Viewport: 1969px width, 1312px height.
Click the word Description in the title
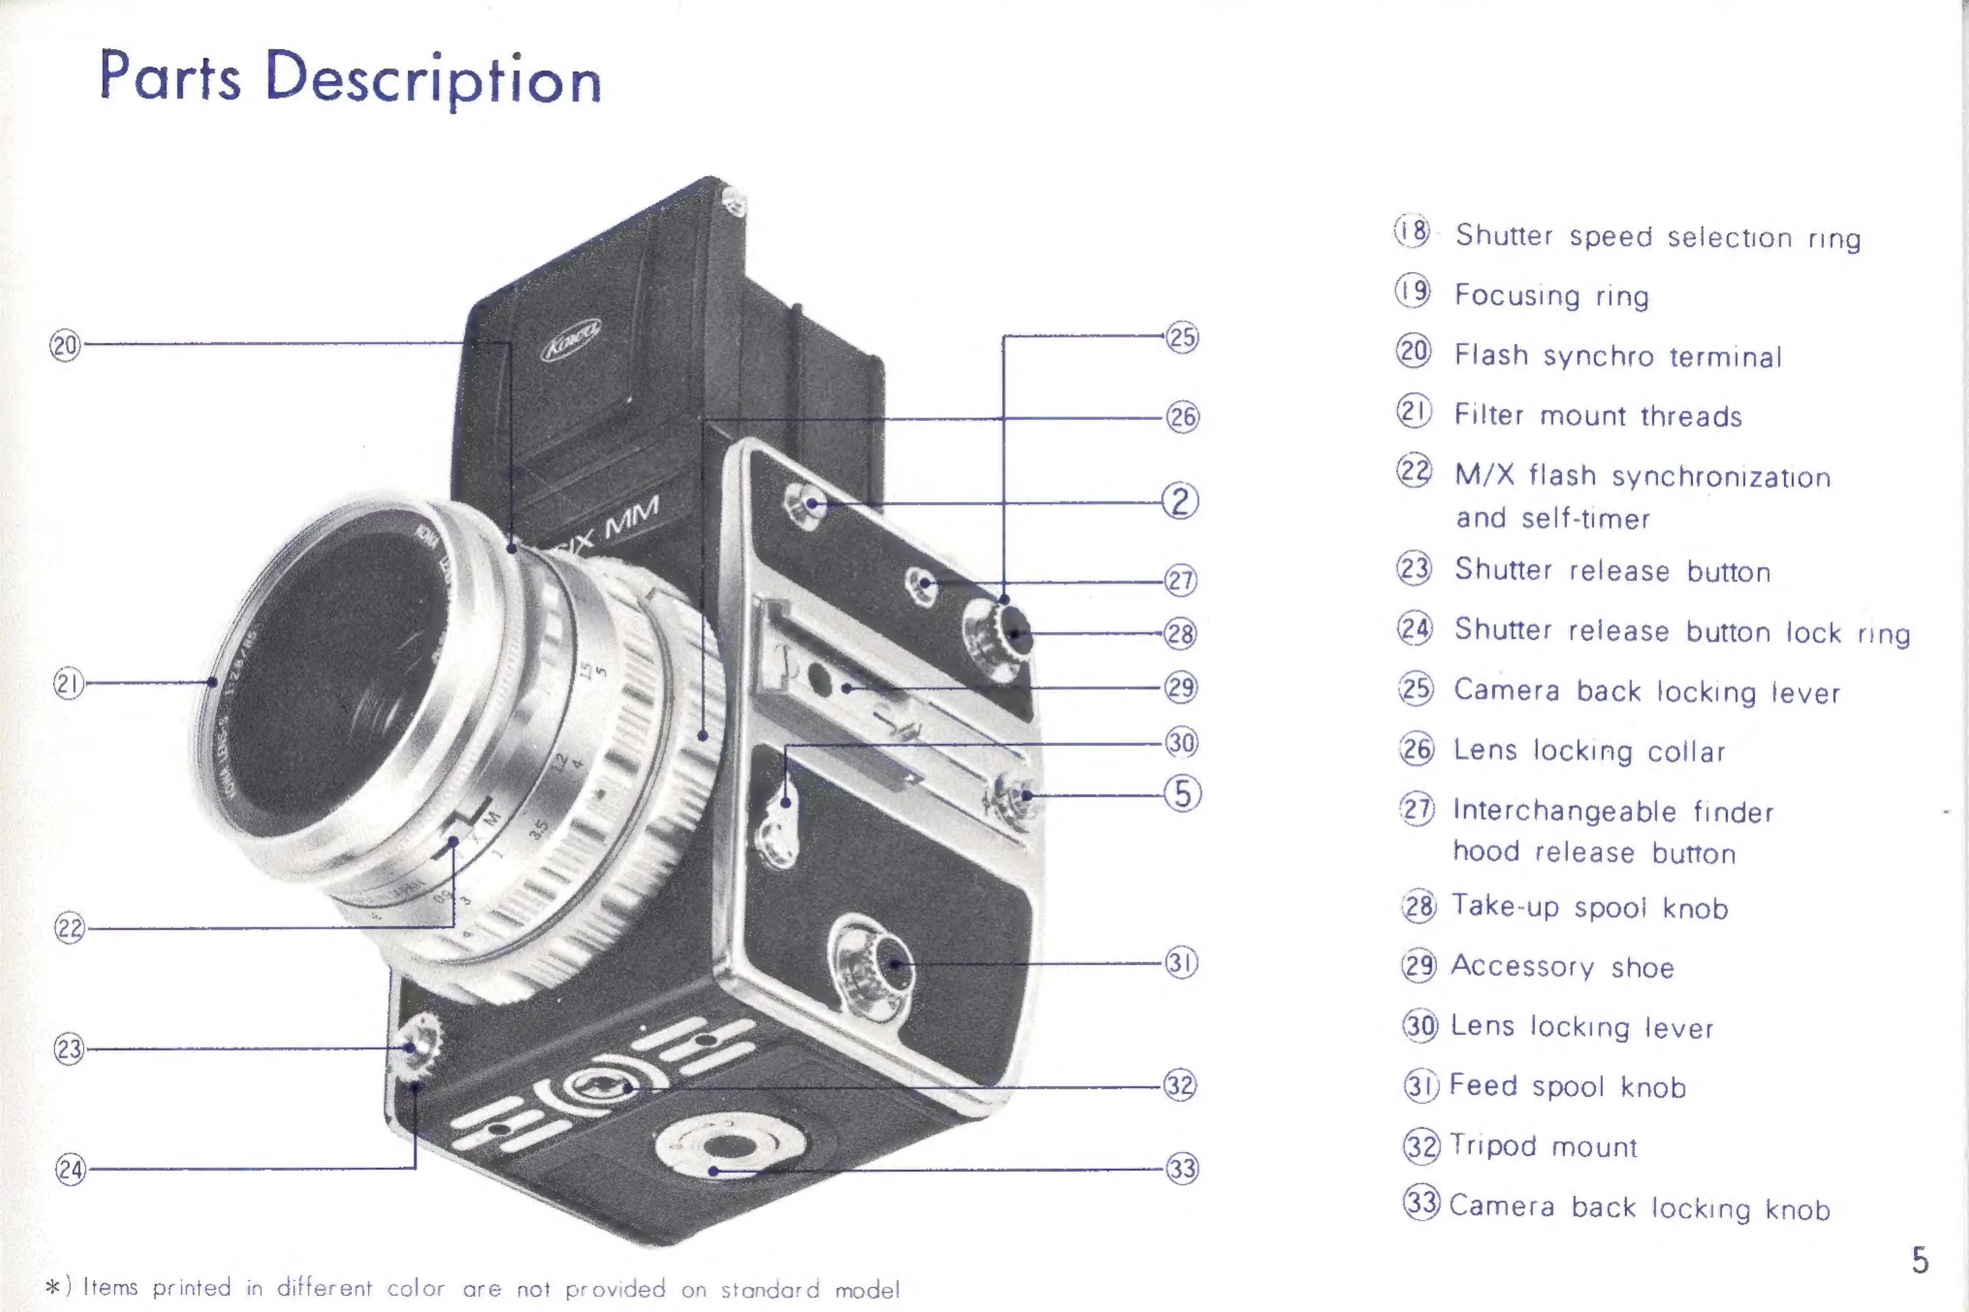433,80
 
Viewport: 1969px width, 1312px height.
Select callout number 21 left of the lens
68,684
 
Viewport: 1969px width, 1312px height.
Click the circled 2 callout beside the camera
1180,501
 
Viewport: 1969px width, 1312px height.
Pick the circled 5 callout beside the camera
1182,793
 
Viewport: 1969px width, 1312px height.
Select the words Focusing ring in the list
1552,295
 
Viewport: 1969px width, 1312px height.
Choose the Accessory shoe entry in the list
1562,966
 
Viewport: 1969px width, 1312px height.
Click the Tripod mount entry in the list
1543,1146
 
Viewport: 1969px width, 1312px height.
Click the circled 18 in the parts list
1413,231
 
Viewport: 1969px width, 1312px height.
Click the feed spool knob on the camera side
874,962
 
